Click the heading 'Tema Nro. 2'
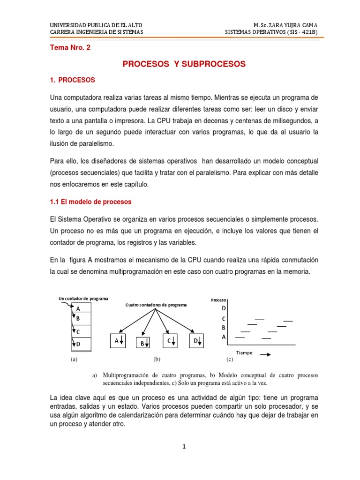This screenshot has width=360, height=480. (x=70, y=47)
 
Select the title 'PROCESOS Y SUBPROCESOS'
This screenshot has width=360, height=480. (x=184, y=64)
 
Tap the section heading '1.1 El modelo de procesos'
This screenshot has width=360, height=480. (x=90, y=202)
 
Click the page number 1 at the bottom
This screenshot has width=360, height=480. (x=184, y=446)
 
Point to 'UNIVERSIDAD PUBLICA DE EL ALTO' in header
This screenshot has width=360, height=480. (x=96, y=24)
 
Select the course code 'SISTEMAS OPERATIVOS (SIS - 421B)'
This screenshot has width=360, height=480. (x=271, y=32)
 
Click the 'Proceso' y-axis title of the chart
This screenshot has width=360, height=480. (x=219, y=300)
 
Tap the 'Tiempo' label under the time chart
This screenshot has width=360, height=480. (x=244, y=353)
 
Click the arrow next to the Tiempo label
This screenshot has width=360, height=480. (x=265, y=354)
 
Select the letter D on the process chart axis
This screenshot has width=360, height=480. (x=224, y=308)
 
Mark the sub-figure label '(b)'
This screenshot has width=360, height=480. (x=157, y=360)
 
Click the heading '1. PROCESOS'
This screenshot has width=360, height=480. (x=72, y=80)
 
